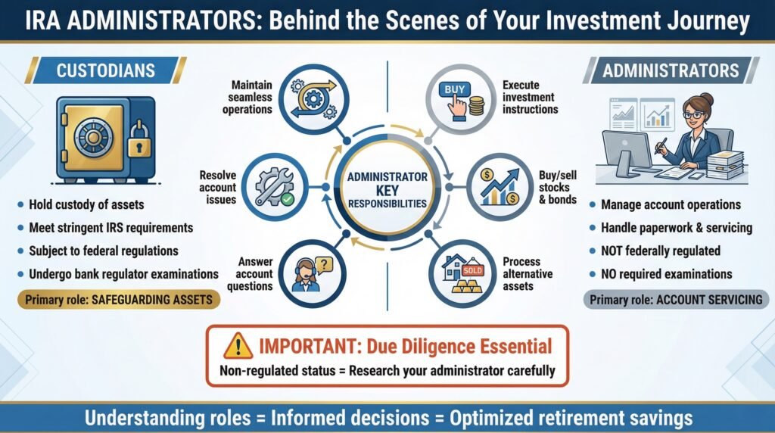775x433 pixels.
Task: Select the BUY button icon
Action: pyautogui.click(x=455, y=90)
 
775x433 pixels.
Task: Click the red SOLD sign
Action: pyautogui.click(x=472, y=270)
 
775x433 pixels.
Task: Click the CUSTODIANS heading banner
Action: pyautogui.click(x=106, y=70)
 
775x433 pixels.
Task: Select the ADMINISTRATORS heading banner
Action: pyautogui.click(x=671, y=70)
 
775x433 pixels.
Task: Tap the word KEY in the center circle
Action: pyautogui.click(x=387, y=190)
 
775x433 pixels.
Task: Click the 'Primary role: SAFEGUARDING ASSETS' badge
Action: pyautogui.click(x=119, y=300)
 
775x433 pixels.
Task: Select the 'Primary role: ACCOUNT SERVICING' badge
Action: pyautogui.click(x=676, y=300)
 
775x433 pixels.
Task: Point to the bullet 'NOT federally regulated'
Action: pyautogui.click(x=660, y=251)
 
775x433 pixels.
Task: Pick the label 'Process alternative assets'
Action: pyautogui.click(x=528, y=274)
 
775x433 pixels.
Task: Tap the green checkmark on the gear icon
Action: pyautogui.click(x=287, y=199)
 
